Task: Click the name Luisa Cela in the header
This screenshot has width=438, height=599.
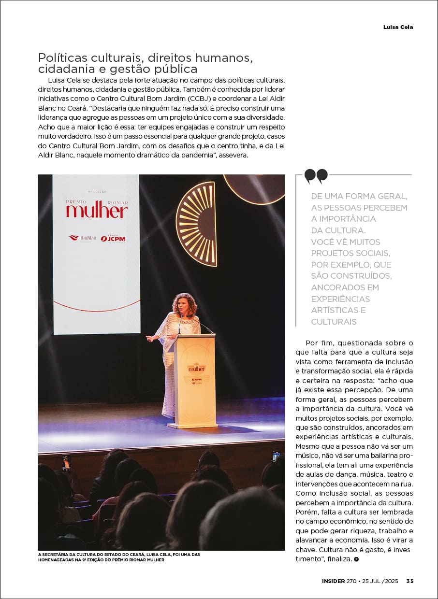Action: tap(398, 27)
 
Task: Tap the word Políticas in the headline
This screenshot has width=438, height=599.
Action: tap(62, 58)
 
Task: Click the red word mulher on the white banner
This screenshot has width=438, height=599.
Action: tap(97, 210)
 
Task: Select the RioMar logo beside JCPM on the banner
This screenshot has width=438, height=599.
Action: tap(82, 238)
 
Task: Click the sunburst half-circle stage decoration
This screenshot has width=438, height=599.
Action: tap(197, 224)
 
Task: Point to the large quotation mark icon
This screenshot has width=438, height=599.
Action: tap(316, 176)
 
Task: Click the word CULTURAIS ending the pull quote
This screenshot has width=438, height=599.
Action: tap(334, 322)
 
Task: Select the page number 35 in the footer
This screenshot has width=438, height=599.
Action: tap(409, 581)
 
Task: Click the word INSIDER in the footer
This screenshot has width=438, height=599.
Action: tap(333, 581)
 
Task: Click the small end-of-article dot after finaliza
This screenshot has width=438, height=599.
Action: tap(356, 559)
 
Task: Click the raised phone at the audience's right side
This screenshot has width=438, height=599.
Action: tap(276, 456)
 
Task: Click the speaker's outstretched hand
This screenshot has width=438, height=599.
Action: tap(150, 339)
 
